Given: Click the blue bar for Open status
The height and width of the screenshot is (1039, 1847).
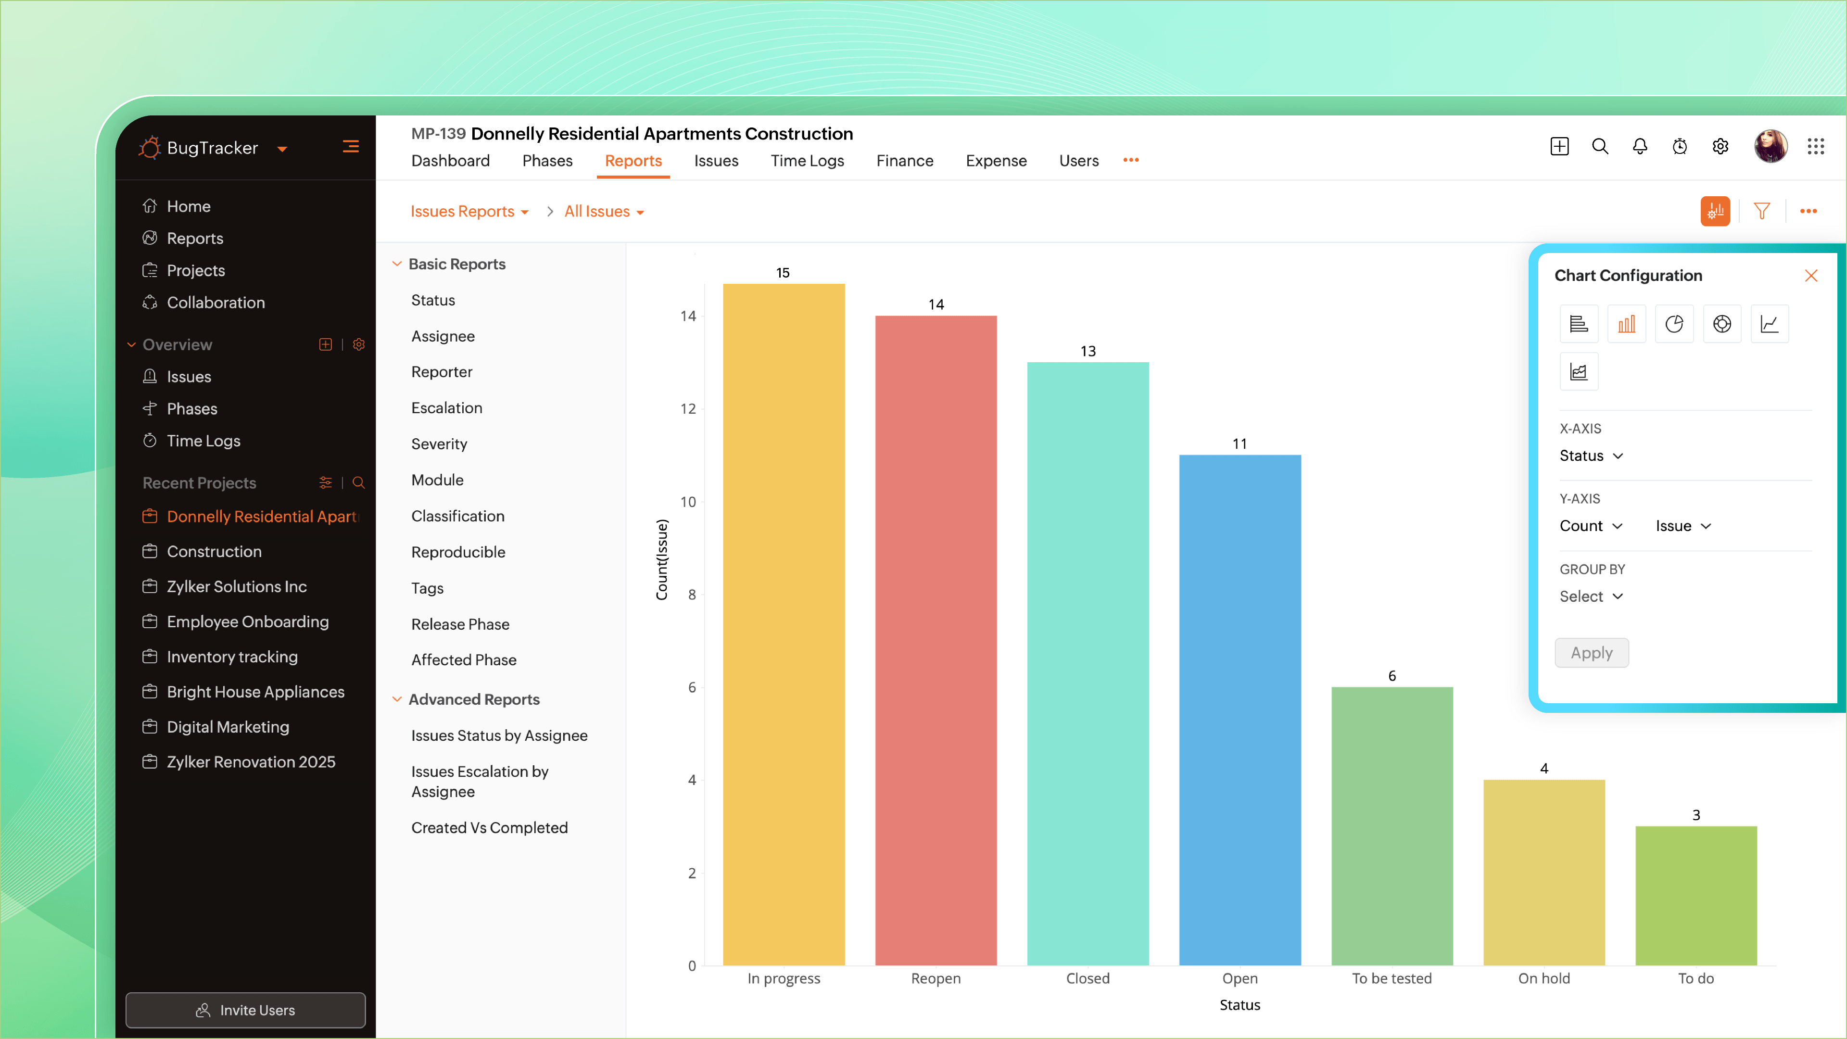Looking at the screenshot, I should (x=1240, y=710).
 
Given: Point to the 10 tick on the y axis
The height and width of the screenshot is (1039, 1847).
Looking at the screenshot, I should (x=688, y=502).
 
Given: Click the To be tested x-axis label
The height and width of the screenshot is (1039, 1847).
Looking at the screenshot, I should (x=1391, y=978).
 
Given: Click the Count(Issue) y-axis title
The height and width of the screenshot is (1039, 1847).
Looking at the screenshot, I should (x=661, y=560).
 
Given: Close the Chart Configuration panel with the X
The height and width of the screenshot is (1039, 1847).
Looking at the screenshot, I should (x=1810, y=276).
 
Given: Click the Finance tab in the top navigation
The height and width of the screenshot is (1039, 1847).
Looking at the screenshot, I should (x=904, y=161).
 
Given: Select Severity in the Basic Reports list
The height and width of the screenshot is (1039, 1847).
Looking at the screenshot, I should (x=439, y=444).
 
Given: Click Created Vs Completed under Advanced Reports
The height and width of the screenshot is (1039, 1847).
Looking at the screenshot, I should (x=489, y=827).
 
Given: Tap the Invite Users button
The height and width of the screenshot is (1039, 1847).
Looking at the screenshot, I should (x=245, y=1010).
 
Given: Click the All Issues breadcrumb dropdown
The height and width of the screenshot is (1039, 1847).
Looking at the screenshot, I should (x=604, y=212).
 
